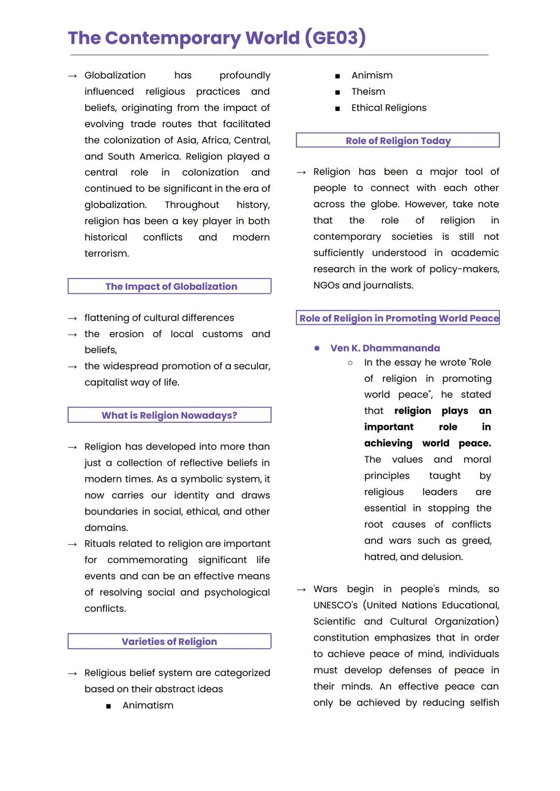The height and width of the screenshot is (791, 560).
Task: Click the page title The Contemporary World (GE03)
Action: [x=217, y=38]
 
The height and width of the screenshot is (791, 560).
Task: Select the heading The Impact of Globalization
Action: [x=171, y=286]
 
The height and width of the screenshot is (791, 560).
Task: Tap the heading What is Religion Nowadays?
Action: [x=169, y=415]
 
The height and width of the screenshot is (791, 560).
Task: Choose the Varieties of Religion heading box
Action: [x=169, y=642]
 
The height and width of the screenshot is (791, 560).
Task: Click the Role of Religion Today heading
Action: [x=398, y=141]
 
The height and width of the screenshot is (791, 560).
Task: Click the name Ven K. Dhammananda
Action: [x=385, y=348]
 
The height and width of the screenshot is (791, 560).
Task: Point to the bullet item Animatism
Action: [x=148, y=705]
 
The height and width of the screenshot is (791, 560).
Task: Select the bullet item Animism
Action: [x=372, y=75]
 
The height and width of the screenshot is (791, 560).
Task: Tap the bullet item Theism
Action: [x=368, y=91]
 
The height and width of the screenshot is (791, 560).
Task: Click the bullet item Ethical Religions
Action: [x=389, y=108]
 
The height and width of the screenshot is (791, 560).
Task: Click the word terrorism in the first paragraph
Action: [x=106, y=254]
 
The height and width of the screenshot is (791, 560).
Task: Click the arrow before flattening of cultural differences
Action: [x=73, y=318]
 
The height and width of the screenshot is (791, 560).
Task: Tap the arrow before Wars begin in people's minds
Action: [x=301, y=590]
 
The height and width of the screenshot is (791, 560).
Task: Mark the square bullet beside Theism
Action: [x=338, y=92]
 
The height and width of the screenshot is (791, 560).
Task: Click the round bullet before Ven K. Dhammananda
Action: [x=317, y=348]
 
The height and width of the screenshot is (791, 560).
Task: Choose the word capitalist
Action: [x=107, y=382]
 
